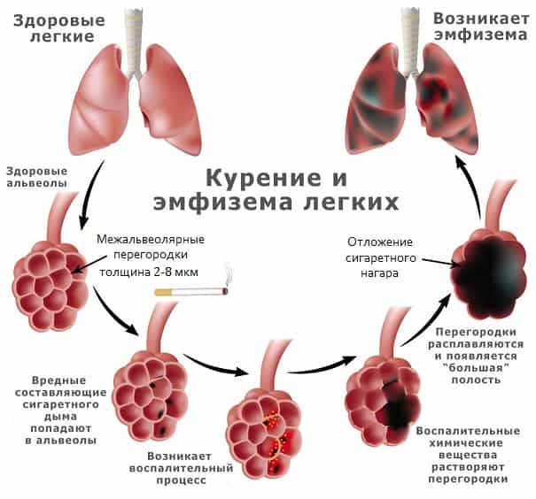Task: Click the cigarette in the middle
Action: (191, 292)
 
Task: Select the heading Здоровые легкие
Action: (59, 28)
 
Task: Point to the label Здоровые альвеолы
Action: (37, 177)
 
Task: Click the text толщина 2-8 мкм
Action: (149, 273)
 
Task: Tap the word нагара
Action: (380, 273)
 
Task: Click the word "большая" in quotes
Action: (476, 367)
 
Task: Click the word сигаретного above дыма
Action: (61, 405)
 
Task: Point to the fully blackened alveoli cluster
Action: (488, 273)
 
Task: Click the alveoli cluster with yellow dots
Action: (264, 434)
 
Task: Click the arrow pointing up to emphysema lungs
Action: (471, 185)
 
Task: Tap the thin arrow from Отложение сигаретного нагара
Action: (440, 262)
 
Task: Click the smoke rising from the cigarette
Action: (229, 275)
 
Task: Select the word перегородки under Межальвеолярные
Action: (151, 256)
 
